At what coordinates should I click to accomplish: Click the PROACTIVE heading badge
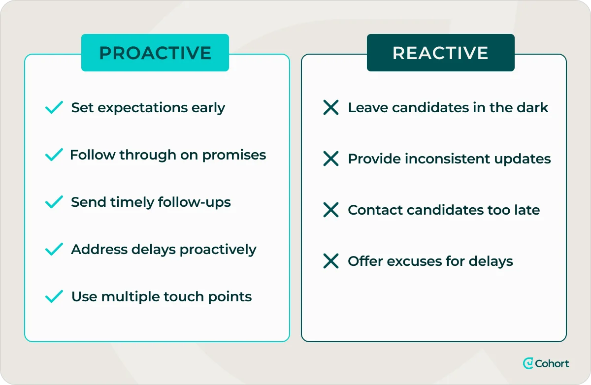coord(155,53)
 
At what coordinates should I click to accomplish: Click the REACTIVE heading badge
coord(440,53)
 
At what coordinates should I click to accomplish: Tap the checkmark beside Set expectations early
coord(54,107)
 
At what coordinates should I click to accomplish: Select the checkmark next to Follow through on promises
coord(54,155)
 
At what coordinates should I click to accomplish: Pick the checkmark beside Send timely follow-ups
coord(54,202)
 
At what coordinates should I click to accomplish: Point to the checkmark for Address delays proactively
coord(54,249)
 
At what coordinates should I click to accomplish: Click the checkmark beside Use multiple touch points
coord(54,296)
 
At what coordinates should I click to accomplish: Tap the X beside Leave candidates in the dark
coord(331,107)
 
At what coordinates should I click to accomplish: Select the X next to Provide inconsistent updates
coord(331,159)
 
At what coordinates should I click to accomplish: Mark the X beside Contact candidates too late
coord(331,210)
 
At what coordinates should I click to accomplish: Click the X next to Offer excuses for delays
coord(331,261)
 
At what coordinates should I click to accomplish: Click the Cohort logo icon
coord(528,363)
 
